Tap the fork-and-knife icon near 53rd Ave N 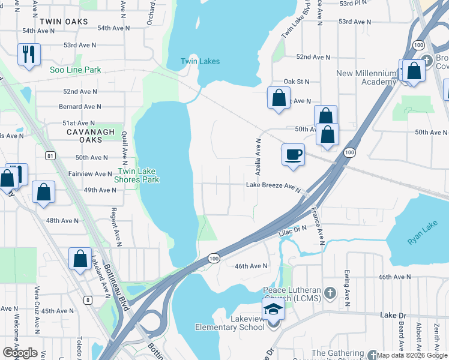pyautogui.click(x=29, y=55)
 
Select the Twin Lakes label pyautogui.click(x=200, y=62)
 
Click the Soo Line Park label pyautogui.click(x=76, y=70)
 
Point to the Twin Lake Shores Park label pyautogui.click(x=137, y=175)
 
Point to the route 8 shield pyautogui.click(x=88, y=299)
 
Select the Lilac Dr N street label pyautogui.click(x=292, y=230)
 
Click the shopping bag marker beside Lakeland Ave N pyautogui.click(x=80, y=259)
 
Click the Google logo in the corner pyautogui.click(x=20, y=353)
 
